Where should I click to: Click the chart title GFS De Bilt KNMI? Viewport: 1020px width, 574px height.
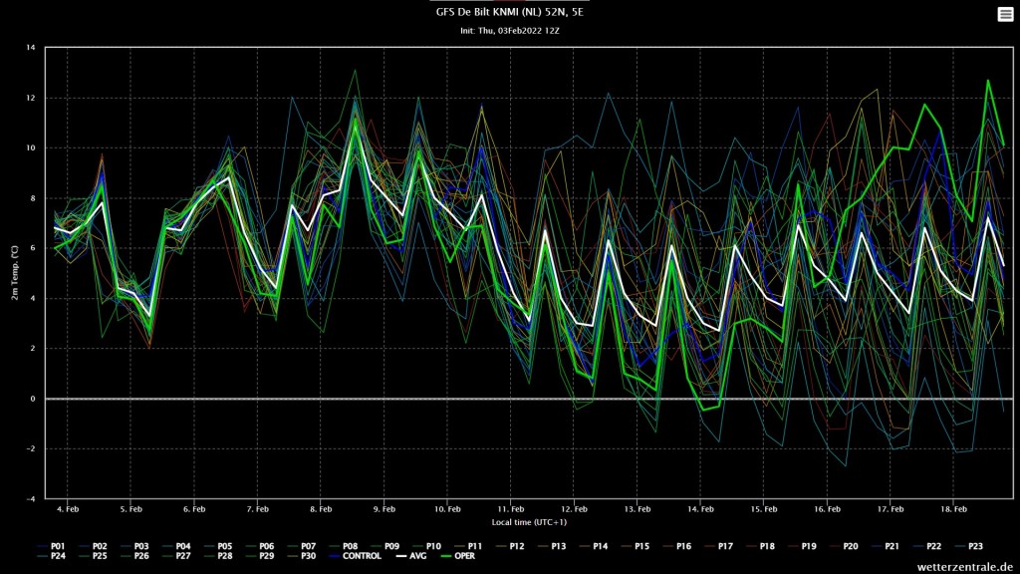(509, 12)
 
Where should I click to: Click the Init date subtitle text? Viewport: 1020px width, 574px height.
(509, 31)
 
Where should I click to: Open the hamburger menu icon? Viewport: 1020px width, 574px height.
(1005, 14)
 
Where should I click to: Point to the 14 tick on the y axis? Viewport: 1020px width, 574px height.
(31, 48)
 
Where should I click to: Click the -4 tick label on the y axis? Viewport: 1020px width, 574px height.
(31, 498)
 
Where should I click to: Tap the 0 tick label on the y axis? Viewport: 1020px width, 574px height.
(33, 399)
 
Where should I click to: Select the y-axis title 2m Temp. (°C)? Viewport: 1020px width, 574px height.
(14, 273)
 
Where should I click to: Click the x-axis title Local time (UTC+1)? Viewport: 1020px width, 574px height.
(529, 522)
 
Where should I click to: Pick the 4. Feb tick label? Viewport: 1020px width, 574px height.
(68, 509)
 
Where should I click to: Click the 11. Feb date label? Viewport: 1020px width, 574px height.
(511, 509)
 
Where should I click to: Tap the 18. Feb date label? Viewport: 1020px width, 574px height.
(953, 509)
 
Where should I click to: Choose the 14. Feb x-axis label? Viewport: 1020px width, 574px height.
(700, 509)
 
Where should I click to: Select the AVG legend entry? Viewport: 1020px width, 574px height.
(411, 556)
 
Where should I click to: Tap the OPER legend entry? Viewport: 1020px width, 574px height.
(458, 556)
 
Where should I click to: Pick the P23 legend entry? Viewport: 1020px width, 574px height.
(968, 547)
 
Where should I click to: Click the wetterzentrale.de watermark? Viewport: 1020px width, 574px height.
(965, 567)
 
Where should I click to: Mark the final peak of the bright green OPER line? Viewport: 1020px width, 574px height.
(988, 81)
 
